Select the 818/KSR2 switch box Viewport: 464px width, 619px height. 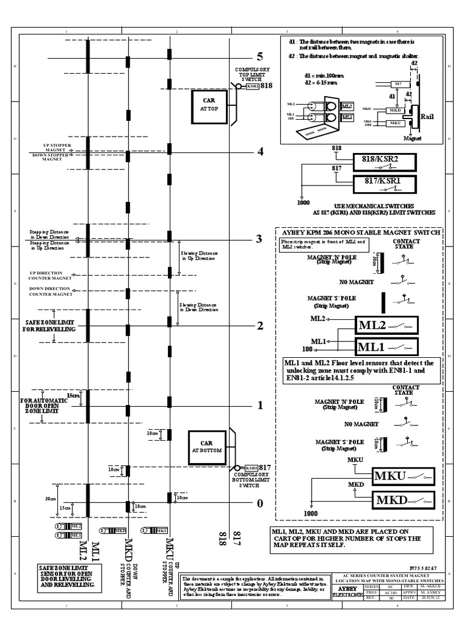384,160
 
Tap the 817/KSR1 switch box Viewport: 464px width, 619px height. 384,180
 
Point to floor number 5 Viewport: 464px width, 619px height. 260,57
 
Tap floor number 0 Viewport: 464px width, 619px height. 260,503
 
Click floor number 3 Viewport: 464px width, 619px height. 260,239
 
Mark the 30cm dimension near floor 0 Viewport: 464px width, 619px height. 50,499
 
